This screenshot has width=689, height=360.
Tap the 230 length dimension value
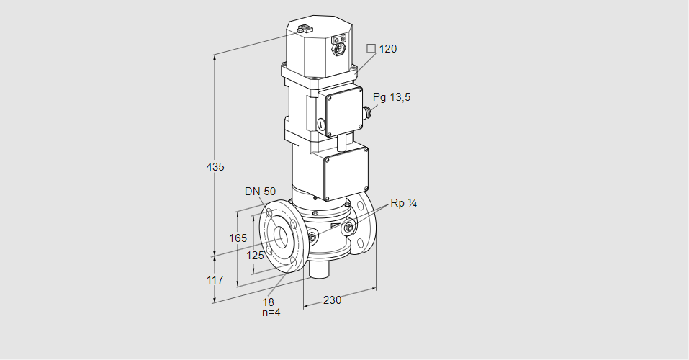point(332,300)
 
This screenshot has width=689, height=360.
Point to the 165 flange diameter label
point(238,238)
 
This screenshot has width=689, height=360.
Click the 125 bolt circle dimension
point(256,255)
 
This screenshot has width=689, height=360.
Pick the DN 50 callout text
point(260,191)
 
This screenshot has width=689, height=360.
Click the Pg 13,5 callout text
point(392,97)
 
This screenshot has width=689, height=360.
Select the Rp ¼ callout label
point(403,203)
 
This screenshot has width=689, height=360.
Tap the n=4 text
point(270,312)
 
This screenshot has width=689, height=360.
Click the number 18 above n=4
point(269,302)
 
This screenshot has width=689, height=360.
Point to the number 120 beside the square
point(388,49)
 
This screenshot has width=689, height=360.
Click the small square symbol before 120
point(371,48)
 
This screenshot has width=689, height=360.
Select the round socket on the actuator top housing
point(338,50)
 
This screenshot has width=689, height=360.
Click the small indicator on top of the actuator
point(303,30)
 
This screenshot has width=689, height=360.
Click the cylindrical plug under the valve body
point(318,271)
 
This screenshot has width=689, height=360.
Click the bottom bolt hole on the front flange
point(291,264)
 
